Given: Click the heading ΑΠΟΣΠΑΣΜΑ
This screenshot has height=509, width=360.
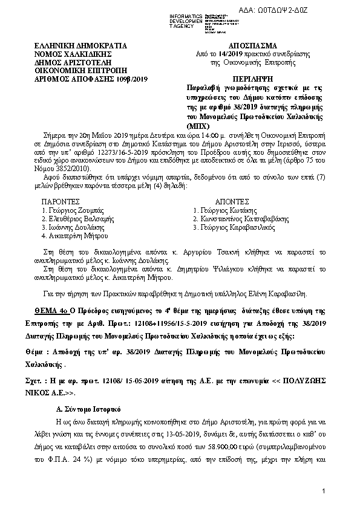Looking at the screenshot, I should [253, 46].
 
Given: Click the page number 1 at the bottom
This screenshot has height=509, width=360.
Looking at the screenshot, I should [324, 491].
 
